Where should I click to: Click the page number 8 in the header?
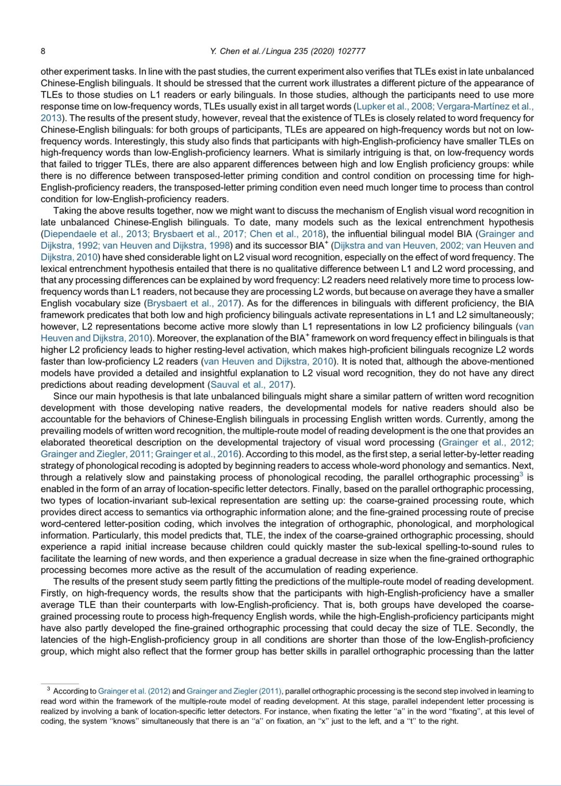pos(43,51)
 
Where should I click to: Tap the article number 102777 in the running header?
pos(351,51)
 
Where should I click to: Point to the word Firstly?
pos(54,593)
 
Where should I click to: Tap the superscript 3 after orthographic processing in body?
pos(521,475)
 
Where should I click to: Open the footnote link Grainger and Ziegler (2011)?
pos(234,692)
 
